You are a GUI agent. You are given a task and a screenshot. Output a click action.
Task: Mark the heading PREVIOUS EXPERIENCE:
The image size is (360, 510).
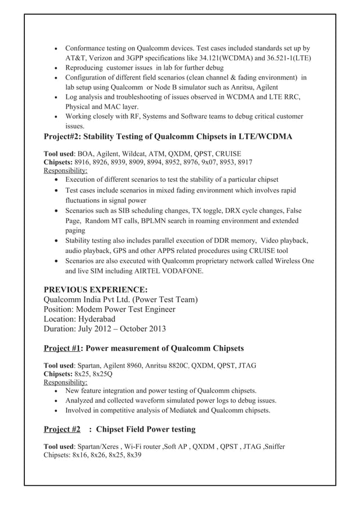pyautogui.click(x=96, y=289)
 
